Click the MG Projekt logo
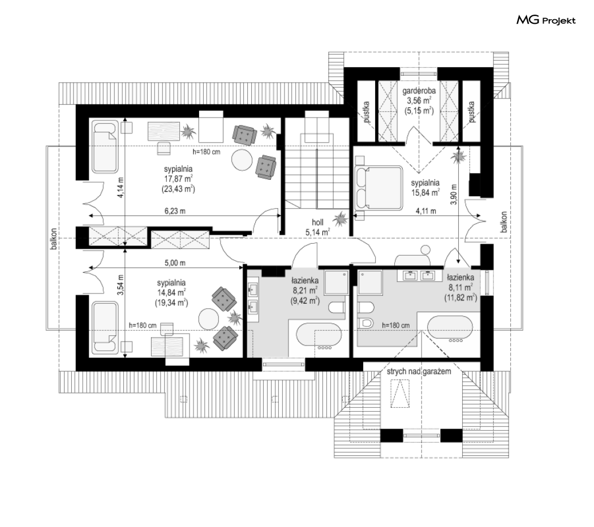point(546,20)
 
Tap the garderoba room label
point(419,91)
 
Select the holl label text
point(317,222)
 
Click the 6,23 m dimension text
point(175,211)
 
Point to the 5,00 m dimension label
point(175,263)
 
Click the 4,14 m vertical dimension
point(120,187)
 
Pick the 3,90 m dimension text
point(454,194)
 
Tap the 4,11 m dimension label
point(426,211)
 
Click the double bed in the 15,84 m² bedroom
point(378,187)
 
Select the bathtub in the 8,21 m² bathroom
point(319,336)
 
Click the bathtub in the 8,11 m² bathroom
point(450,329)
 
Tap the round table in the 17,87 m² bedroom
point(242,161)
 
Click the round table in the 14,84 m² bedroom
point(209,319)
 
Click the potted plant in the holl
point(340,218)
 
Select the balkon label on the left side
point(54,239)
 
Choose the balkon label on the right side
point(503,222)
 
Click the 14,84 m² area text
point(171,292)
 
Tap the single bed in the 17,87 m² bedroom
point(104,147)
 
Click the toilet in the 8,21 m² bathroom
point(337,307)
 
